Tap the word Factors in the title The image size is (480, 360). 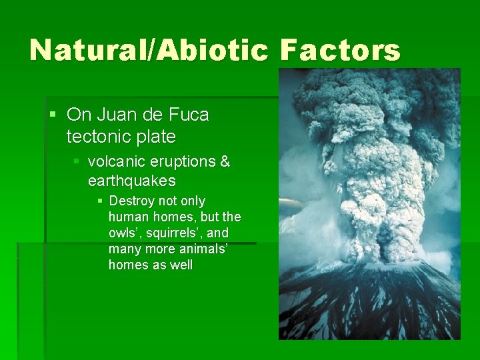(x=340, y=51)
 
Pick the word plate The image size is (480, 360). (x=154, y=137)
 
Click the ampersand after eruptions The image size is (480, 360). (x=225, y=161)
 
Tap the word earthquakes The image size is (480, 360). (x=131, y=181)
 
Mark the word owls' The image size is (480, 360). (x=124, y=233)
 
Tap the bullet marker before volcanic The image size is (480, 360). (x=77, y=162)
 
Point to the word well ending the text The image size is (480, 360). (x=180, y=265)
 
